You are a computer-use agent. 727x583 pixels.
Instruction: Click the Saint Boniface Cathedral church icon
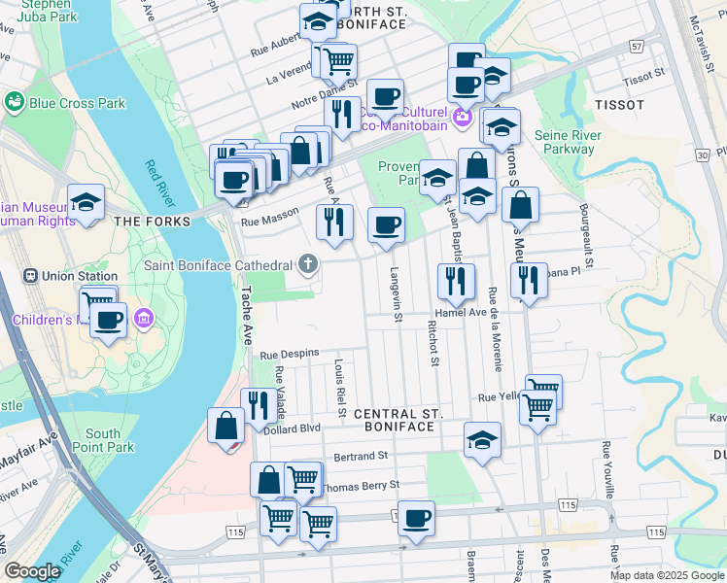tap(308, 264)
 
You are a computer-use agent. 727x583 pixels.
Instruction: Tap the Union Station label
tap(70, 275)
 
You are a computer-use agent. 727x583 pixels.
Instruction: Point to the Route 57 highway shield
tap(637, 46)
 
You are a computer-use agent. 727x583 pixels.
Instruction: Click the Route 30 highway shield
tap(702, 154)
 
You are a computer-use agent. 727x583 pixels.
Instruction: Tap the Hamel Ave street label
tap(460, 313)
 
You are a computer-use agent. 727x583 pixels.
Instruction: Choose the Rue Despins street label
tap(289, 354)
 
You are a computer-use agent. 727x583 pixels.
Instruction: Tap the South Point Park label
tap(110, 440)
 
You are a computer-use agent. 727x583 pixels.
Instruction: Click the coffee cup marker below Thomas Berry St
tap(416, 519)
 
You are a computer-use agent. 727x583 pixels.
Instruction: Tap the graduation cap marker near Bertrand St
tap(482, 440)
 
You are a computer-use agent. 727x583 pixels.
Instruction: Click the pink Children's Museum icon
tap(145, 319)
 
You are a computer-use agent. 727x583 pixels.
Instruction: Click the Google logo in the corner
tap(33, 571)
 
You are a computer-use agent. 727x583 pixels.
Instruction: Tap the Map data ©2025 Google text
tap(667, 575)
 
